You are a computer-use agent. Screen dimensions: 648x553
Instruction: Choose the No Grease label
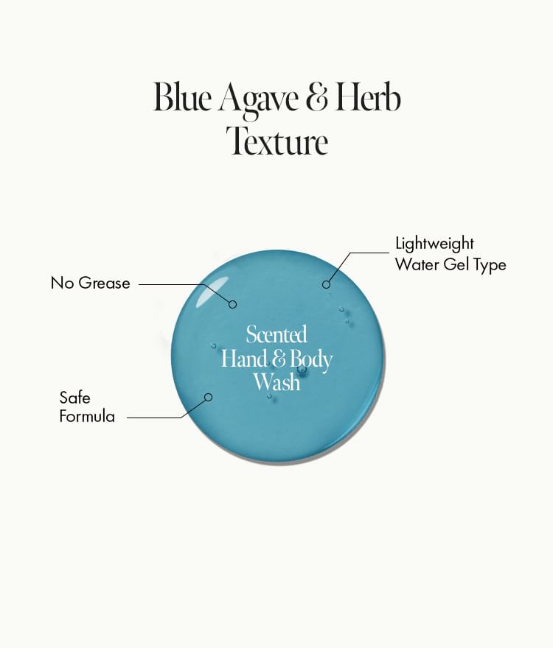90,283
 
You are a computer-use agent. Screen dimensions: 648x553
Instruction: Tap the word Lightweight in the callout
434,244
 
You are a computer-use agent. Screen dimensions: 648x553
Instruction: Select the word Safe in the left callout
74,398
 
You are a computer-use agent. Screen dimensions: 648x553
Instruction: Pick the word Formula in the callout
87,417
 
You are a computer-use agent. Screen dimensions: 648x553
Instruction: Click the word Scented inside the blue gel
276,335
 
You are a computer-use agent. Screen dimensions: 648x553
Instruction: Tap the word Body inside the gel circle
311,360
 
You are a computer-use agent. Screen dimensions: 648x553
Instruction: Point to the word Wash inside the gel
276,383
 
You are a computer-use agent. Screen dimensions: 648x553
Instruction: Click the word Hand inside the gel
244,359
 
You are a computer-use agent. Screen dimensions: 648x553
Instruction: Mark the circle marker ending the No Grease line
232,303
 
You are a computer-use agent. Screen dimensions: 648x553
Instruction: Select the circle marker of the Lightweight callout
326,283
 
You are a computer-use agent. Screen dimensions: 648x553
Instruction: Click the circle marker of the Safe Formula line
208,397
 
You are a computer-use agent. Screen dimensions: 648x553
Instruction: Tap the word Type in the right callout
489,264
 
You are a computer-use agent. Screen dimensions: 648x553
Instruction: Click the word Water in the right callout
417,264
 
